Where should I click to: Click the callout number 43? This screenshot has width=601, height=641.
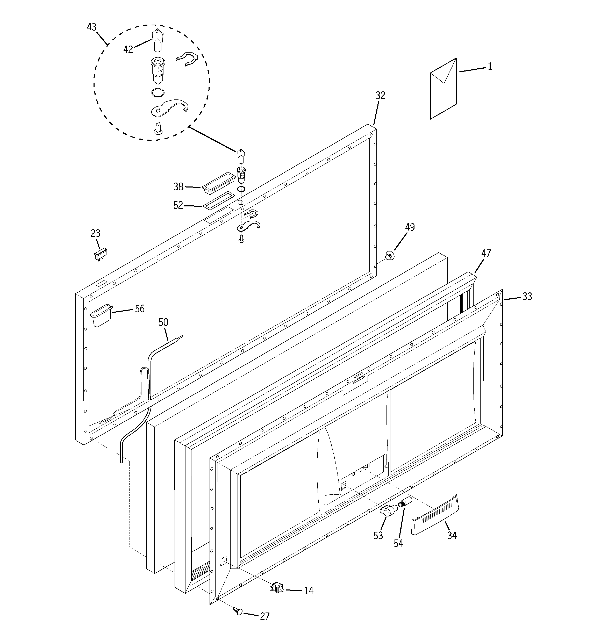tap(92, 27)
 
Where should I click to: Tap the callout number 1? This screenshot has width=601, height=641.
tap(490, 66)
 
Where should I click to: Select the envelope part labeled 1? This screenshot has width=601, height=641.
tap(443, 89)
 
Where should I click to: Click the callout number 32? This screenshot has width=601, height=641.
tap(380, 96)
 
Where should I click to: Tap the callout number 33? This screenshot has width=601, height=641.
tap(527, 297)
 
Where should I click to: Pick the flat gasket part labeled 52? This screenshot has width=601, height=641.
tap(218, 202)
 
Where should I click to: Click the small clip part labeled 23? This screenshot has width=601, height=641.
tap(100, 254)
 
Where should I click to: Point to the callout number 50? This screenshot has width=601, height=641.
tap(163, 322)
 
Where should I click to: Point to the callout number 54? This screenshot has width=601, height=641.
tap(398, 543)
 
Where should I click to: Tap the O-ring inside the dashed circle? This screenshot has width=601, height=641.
tap(158, 92)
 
